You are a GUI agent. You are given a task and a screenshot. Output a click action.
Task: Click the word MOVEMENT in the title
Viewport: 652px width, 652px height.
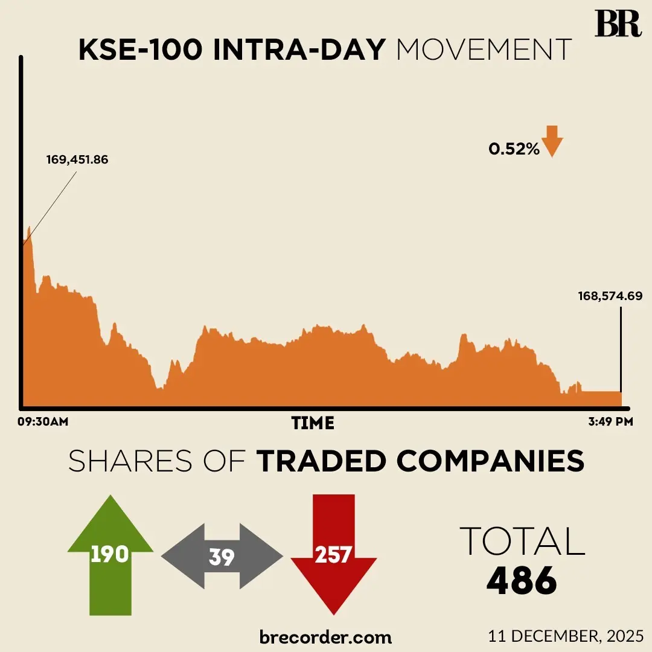pos(484,50)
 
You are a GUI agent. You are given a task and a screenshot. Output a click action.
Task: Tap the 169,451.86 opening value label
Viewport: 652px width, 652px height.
pos(77,160)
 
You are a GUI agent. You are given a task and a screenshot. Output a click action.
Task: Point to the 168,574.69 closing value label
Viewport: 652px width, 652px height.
pos(610,296)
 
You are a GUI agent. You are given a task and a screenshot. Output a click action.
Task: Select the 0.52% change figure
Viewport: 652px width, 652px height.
pos(514,149)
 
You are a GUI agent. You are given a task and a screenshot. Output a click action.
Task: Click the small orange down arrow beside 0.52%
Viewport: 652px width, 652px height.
pos(552,142)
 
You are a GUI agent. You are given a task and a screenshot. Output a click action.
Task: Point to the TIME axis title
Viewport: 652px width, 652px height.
pos(313,423)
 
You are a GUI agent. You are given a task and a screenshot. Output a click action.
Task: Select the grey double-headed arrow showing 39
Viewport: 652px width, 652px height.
pos(222,557)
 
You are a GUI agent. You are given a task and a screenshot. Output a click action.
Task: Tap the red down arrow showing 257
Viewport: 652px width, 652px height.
pos(333,554)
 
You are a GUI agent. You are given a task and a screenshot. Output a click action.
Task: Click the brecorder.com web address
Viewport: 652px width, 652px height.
pos(325,636)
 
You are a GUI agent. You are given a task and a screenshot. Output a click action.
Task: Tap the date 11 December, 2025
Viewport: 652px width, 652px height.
pos(567,636)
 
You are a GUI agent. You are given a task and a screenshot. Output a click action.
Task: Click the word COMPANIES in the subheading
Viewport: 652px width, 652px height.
pos(491,462)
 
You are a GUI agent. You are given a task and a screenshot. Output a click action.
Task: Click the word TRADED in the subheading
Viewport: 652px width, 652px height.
pos(322,462)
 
